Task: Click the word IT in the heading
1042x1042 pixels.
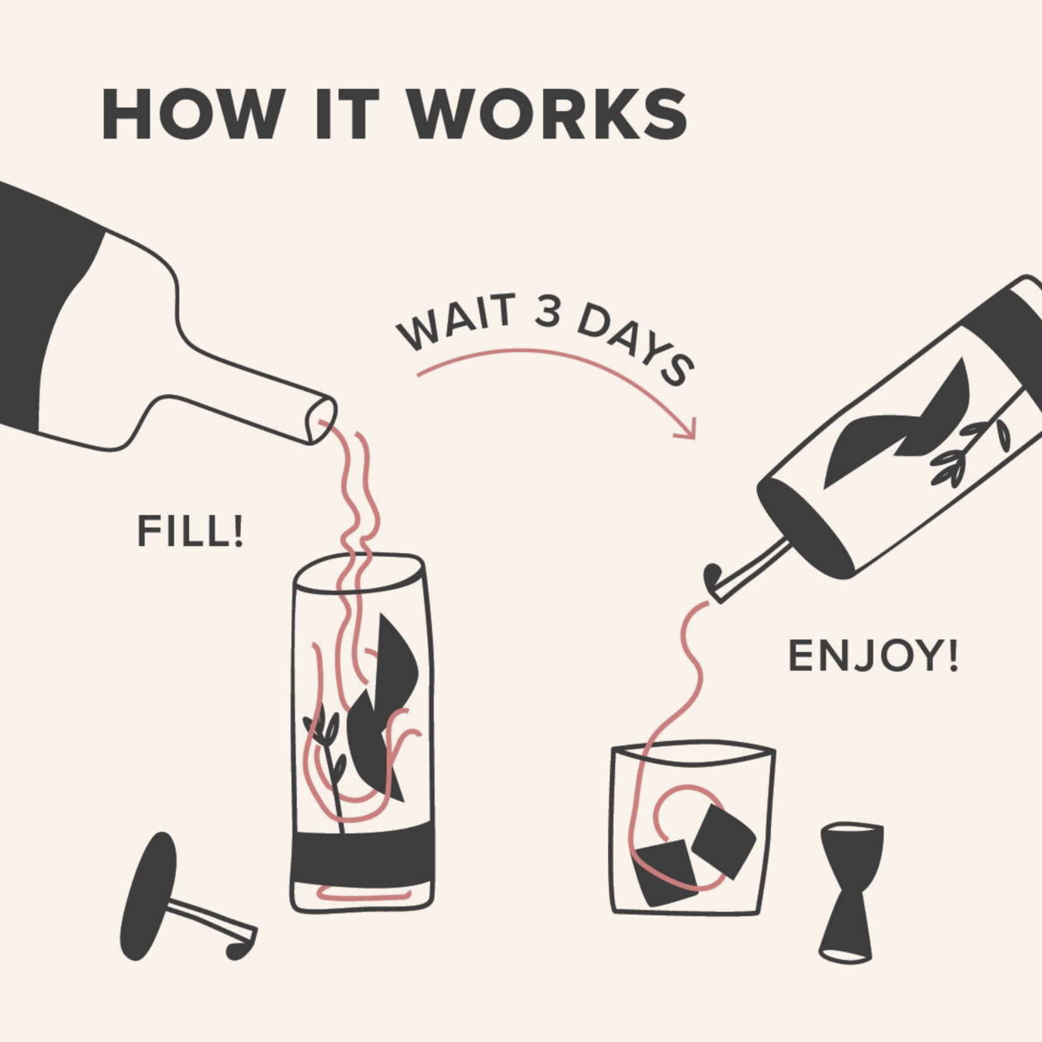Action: (x=346, y=114)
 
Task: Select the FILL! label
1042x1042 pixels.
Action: (x=190, y=531)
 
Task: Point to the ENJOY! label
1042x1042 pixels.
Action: (x=874, y=656)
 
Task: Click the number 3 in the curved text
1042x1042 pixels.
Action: (x=547, y=312)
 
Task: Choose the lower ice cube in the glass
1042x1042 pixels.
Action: (x=664, y=873)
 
